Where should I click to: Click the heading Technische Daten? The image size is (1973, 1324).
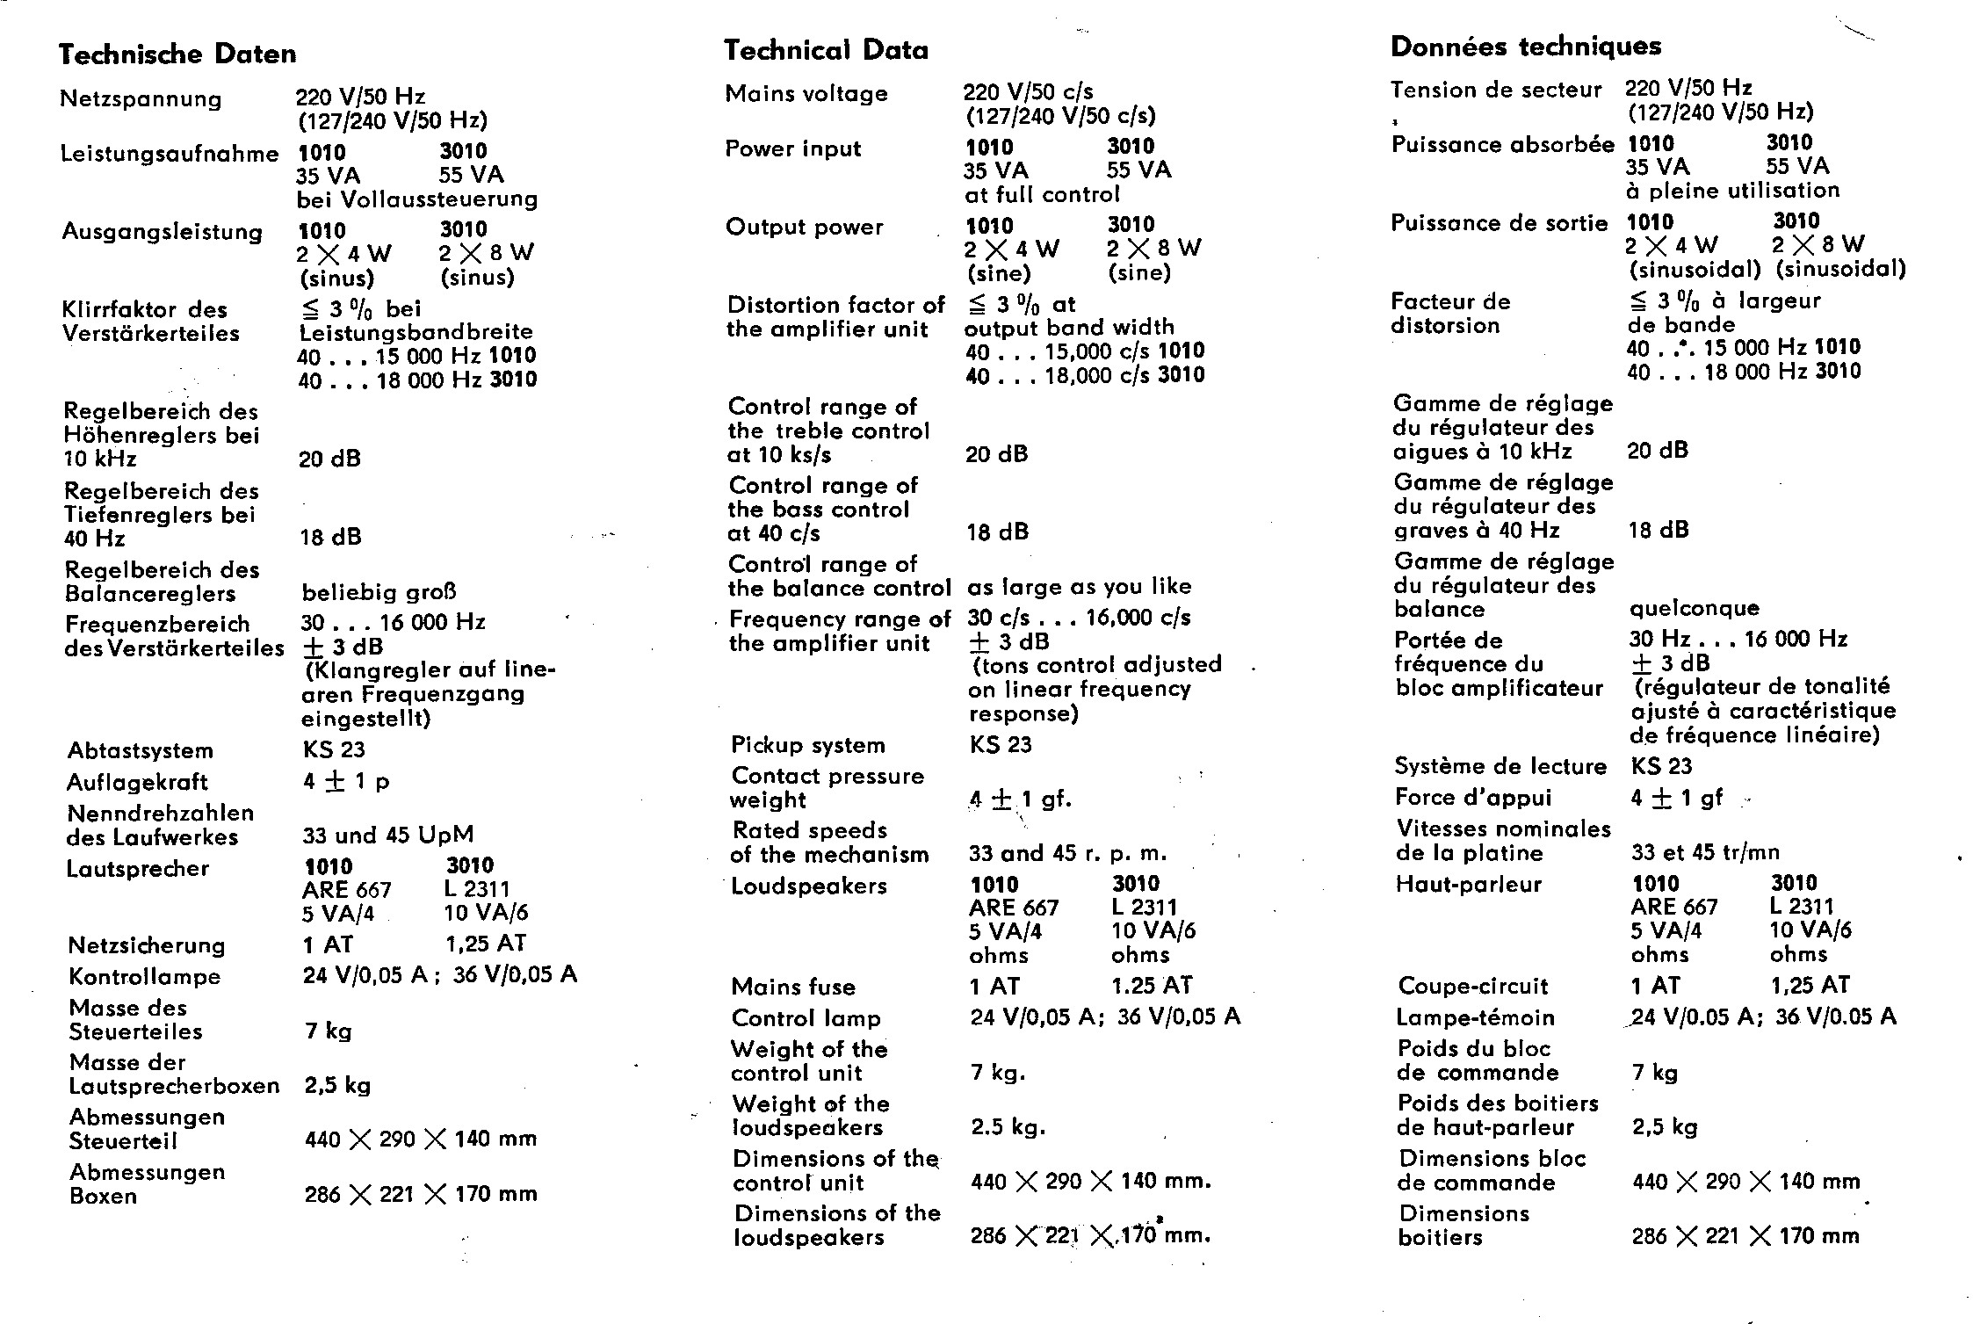coord(177,54)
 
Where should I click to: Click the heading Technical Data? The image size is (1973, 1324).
coord(826,50)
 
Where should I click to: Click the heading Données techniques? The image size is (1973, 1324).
coord(1526,46)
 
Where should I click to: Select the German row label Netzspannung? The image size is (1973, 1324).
coord(141,98)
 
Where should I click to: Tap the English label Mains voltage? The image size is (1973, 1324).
coord(806,94)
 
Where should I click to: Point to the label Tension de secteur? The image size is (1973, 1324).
coord(1496,90)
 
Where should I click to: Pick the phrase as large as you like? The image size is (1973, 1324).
coord(1080,586)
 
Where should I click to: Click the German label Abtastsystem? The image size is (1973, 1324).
coord(141,750)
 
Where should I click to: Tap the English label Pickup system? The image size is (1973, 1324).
coord(808,745)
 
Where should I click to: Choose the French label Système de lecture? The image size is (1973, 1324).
coord(1500,766)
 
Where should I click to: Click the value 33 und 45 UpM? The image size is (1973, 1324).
coord(388,835)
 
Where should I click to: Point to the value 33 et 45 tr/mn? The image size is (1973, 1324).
coord(1706,852)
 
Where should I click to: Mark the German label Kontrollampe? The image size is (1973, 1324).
coord(145,977)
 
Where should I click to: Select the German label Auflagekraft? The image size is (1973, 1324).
coord(137,782)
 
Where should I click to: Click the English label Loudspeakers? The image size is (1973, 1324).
coord(809,886)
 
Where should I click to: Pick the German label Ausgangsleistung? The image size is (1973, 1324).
coord(163,232)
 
